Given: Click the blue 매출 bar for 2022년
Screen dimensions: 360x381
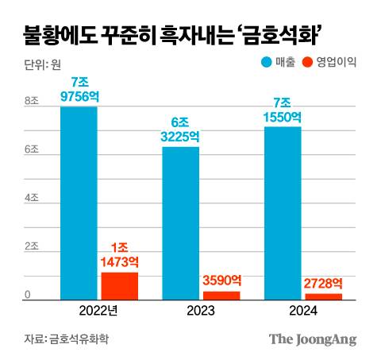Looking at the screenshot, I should (x=79, y=203).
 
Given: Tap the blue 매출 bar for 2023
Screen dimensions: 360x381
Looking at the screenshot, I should (x=180, y=223).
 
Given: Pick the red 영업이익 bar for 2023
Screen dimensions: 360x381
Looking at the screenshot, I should (x=221, y=296).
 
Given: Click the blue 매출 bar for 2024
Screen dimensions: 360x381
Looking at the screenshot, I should (x=282, y=213).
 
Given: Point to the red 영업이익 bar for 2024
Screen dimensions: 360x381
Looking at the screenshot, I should (x=322, y=296).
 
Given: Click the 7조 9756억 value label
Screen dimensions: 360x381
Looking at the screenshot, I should (x=79, y=90).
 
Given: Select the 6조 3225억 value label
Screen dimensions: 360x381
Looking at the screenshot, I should (x=180, y=130).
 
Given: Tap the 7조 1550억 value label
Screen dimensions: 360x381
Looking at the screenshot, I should (x=282, y=109).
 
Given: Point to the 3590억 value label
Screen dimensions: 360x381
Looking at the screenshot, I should (x=221, y=280).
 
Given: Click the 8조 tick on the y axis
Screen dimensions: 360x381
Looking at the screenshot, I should (x=32, y=101).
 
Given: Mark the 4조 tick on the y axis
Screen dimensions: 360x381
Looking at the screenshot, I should (x=32, y=199).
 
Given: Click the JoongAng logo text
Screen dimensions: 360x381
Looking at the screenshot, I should (x=311, y=339).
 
